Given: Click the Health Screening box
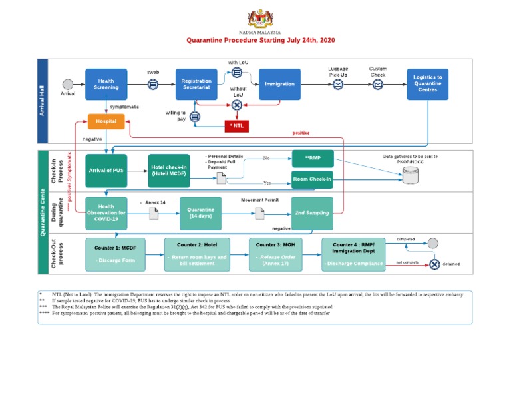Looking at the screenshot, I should point(106,83).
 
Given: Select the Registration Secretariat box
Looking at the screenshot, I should point(196,84).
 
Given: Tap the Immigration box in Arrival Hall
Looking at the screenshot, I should point(279,84).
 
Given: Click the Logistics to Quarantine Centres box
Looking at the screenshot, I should point(427,84).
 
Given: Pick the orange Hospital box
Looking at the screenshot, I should point(106,122).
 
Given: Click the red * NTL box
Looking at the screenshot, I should point(238,125).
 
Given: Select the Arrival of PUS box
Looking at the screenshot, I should point(106,171).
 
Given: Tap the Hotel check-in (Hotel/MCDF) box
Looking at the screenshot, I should point(168,171).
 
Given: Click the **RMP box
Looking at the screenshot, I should point(312,159).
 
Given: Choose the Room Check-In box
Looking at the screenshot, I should point(312,180).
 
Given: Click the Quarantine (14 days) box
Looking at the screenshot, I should point(200,212).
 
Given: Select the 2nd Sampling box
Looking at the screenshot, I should point(312,212).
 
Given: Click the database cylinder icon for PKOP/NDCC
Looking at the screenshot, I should point(411,175).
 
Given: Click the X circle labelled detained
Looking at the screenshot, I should point(434,264).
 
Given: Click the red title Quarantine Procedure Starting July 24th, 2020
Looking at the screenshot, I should point(259,40).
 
